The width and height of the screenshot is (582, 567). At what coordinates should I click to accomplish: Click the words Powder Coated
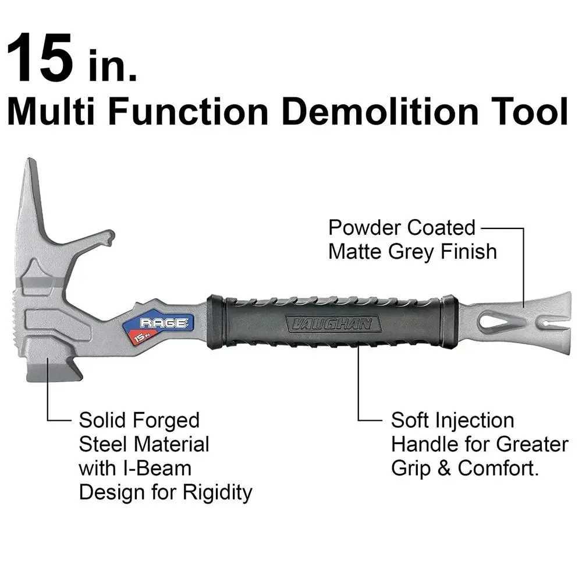(x=402, y=227)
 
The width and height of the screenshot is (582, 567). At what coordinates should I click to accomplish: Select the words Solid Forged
(x=139, y=420)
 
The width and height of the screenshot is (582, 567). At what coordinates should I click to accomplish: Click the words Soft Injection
(x=452, y=420)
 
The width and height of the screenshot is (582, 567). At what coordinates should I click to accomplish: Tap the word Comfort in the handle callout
(x=498, y=469)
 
